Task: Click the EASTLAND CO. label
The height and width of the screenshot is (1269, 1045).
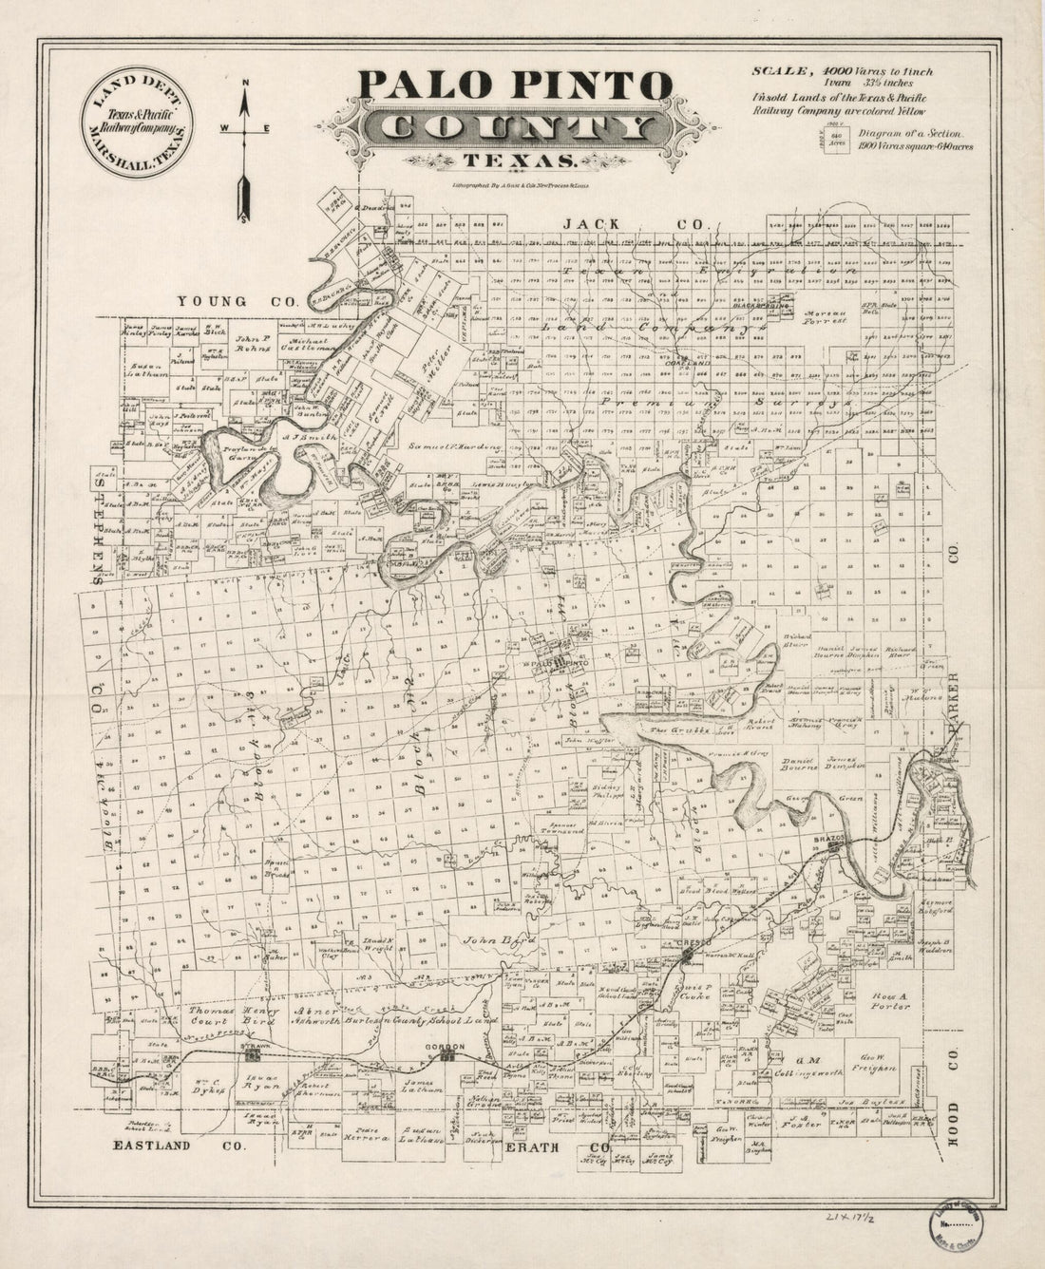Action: tap(179, 1146)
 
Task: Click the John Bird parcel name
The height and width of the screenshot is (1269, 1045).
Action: tap(488, 941)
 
